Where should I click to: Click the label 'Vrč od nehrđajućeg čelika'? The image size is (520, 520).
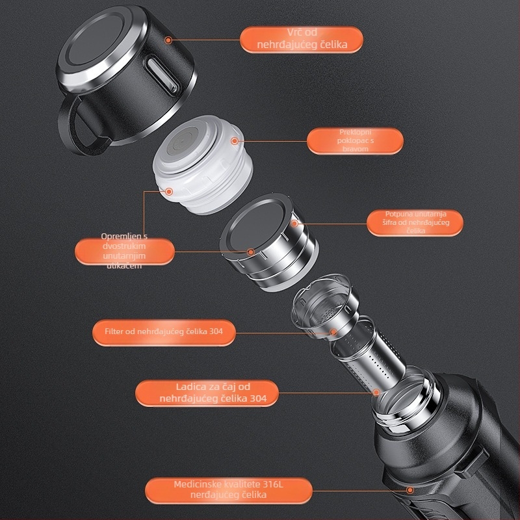point(302,40)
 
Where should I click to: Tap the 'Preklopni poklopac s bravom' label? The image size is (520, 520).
point(355,141)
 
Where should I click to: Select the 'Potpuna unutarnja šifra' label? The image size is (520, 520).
point(415,222)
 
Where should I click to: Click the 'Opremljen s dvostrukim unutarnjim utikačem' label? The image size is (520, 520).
point(124,251)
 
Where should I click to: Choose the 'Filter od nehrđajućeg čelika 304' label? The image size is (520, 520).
point(164,332)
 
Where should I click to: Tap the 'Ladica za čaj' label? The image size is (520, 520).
point(207,393)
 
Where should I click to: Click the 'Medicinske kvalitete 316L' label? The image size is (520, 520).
point(229,491)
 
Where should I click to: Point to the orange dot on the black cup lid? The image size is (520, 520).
point(168,40)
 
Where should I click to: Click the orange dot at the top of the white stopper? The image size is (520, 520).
point(235,141)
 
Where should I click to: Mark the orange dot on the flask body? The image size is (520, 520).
point(410,490)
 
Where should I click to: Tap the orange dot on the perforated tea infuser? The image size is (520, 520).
point(376,393)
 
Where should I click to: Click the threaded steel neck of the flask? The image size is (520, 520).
point(406,401)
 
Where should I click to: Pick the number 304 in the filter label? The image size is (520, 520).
point(216,331)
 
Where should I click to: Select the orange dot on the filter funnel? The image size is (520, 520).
point(333,332)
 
